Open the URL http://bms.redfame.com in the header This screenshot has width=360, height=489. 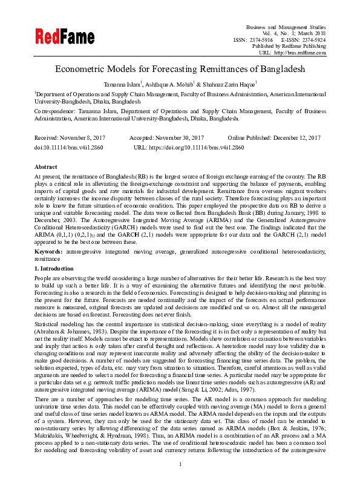[301, 53]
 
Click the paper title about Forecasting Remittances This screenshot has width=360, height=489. [180, 70]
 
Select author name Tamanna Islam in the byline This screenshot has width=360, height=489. [122, 84]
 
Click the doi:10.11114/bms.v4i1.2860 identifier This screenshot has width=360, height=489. [69, 147]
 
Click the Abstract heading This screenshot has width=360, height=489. [46, 166]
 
